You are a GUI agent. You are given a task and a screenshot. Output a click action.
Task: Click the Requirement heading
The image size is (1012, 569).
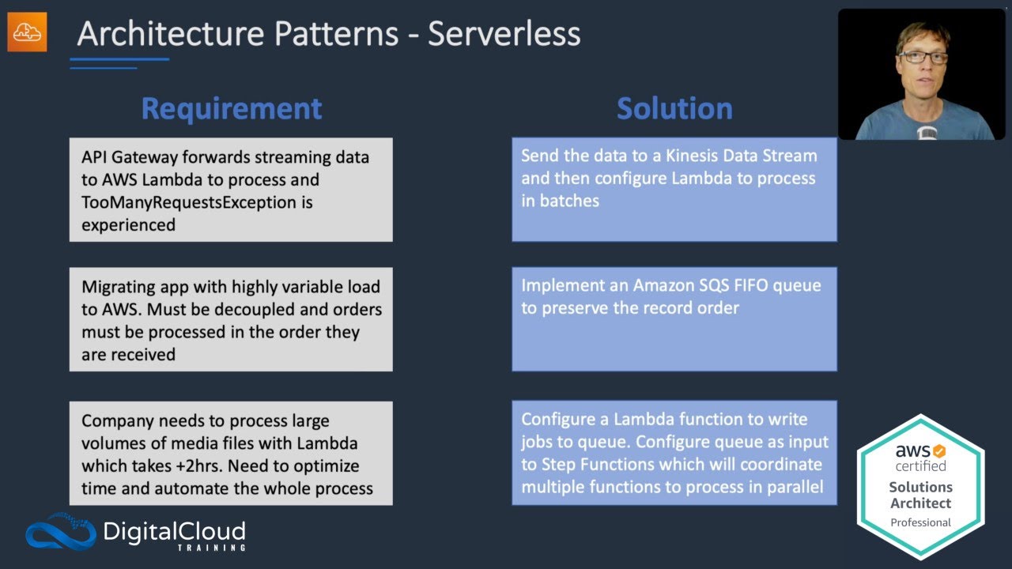[231, 108]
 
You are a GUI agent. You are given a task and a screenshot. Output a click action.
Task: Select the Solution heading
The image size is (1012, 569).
[674, 108]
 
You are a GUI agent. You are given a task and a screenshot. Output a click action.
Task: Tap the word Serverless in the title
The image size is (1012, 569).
[504, 33]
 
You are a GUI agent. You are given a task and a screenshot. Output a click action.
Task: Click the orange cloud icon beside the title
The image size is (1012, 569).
[27, 32]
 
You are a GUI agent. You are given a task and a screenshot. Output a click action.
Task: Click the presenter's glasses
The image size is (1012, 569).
[922, 57]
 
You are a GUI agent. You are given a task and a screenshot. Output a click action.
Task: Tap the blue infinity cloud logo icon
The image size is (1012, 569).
[60, 531]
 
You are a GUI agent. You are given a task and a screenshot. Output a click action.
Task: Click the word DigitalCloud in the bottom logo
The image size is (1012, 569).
[175, 531]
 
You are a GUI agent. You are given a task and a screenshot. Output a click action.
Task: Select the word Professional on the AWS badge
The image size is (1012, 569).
[920, 522]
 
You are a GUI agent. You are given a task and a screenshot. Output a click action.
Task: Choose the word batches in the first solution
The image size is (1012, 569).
[569, 201]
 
